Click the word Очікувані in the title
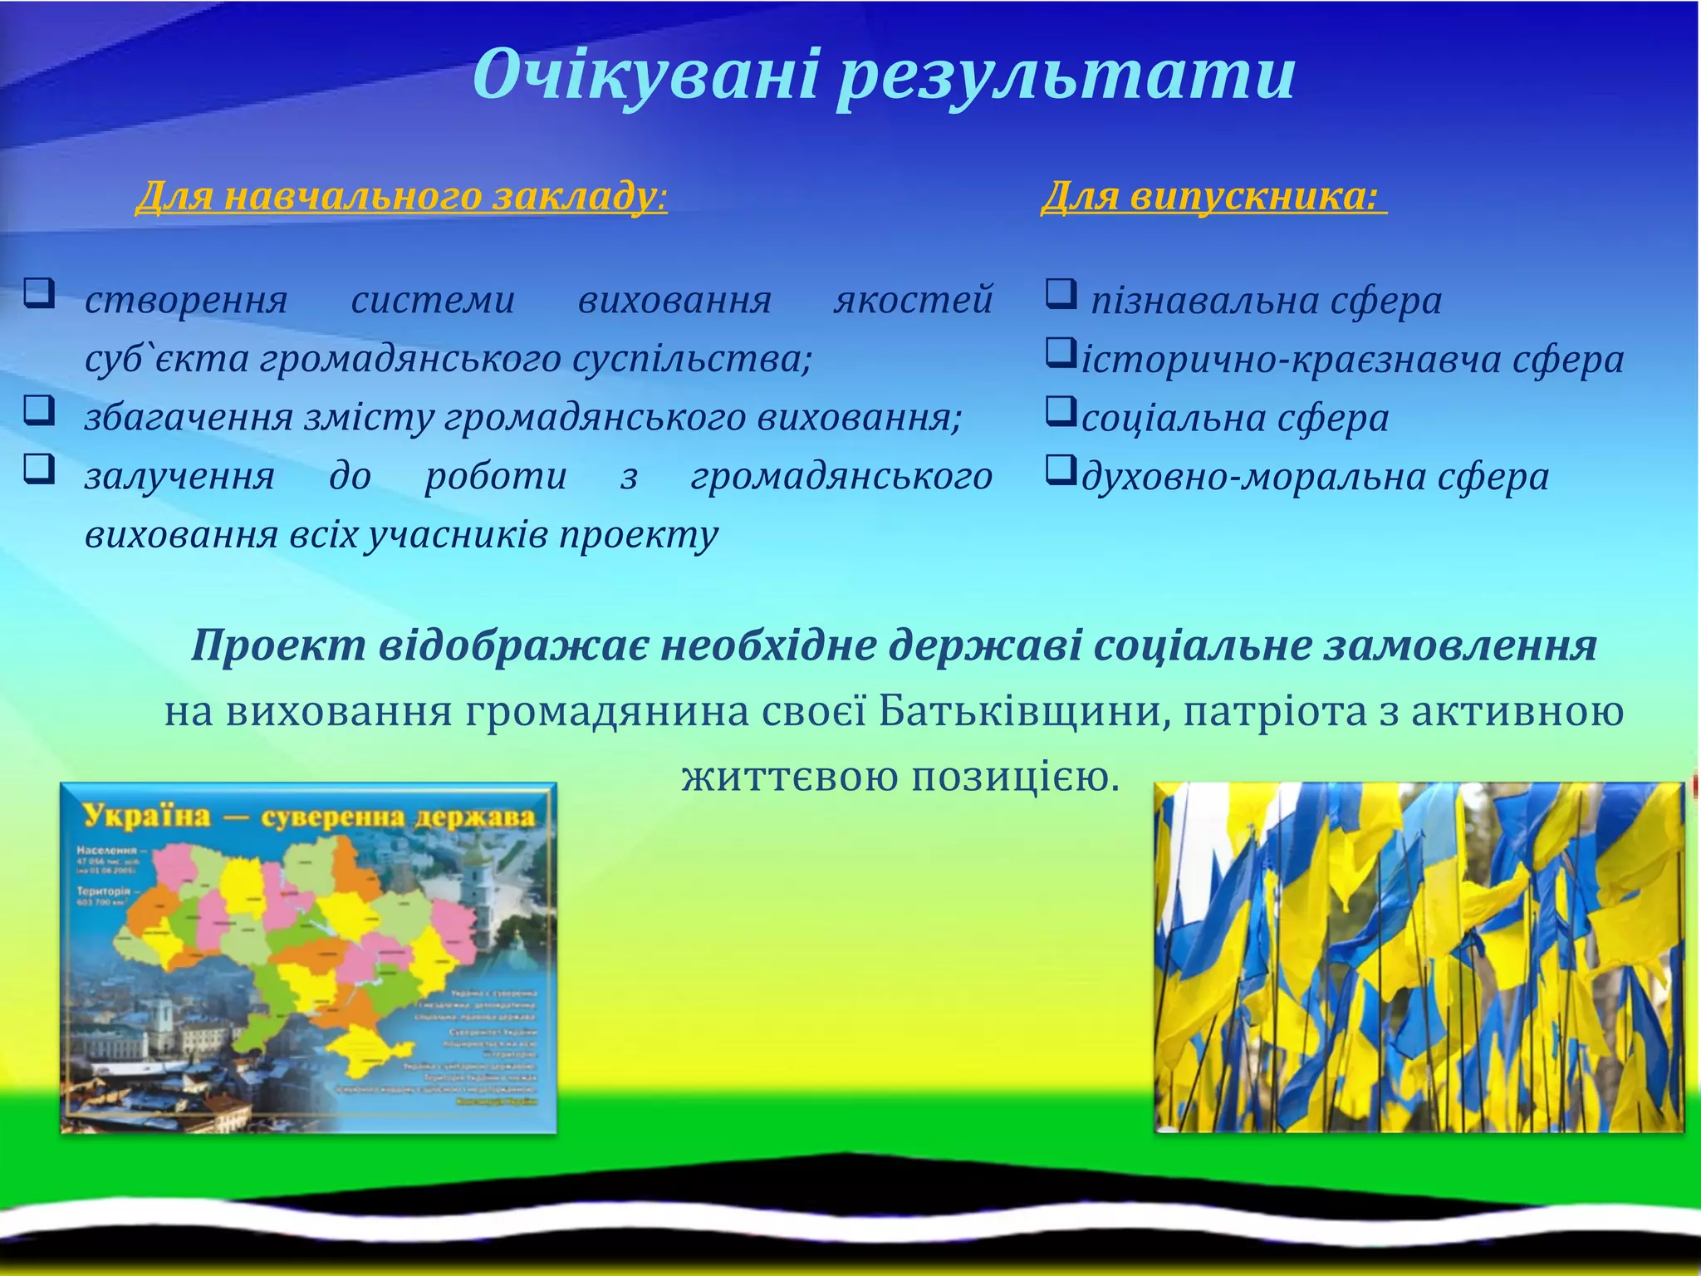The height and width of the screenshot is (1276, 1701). pyautogui.click(x=646, y=75)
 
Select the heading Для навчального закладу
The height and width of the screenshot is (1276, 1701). pyautogui.click(x=400, y=197)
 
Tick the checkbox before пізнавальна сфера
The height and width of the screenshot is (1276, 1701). pyautogui.click(x=1061, y=294)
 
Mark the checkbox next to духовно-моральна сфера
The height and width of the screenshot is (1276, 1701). pyautogui.click(x=1059, y=471)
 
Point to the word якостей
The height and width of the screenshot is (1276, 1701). pyautogui.click(x=913, y=300)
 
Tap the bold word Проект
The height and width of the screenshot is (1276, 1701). pyautogui.click(x=278, y=646)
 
